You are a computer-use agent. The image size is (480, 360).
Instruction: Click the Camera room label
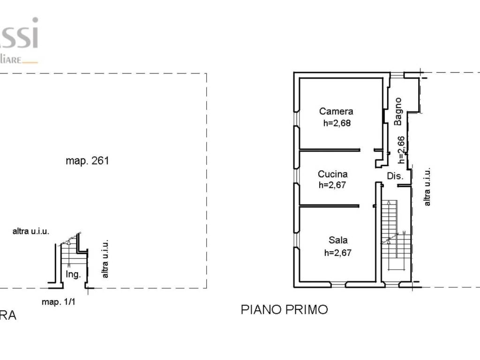coord(336,112)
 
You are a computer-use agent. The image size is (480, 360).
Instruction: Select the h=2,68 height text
coord(337,124)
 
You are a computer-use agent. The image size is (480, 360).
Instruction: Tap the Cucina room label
coord(332,174)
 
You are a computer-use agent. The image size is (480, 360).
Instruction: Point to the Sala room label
coord(338,240)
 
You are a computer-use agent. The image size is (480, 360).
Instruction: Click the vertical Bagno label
coord(398,111)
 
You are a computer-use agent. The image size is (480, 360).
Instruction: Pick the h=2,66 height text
coord(401,150)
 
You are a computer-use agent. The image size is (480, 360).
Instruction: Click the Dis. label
coord(395,176)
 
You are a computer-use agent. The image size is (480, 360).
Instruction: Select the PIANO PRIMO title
coord(284,309)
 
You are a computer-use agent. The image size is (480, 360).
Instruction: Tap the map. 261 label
coord(87,161)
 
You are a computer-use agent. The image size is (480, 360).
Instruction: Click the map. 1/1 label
coord(59,302)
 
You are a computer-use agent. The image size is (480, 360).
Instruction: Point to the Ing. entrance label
coord(73,274)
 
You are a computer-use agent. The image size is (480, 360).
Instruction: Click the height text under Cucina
coord(332,185)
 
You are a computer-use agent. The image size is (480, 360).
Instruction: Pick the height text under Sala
coord(338,253)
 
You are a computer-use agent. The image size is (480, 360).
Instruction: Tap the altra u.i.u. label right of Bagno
coord(427,187)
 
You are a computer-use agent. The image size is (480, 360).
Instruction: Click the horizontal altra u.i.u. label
coord(31,231)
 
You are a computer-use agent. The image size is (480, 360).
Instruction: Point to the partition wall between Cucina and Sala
coord(330,205)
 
